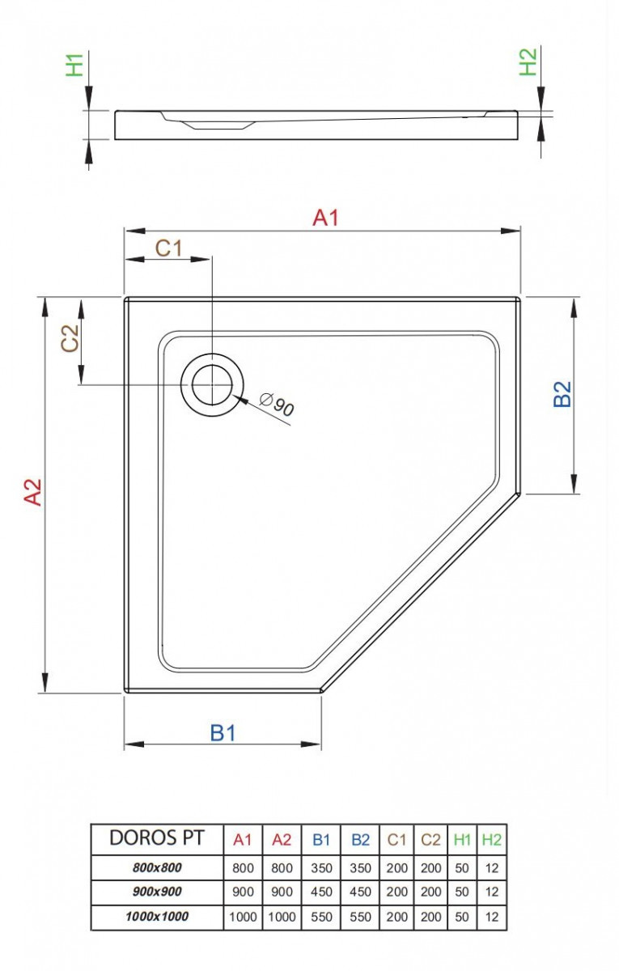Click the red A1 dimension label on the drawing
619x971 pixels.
(325, 218)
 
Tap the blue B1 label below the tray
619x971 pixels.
(223, 732)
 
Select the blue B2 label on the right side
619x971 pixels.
(562, 394)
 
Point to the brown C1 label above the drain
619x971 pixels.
(168, 248)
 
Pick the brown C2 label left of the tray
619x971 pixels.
(70, 337)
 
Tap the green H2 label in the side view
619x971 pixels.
(528, 62)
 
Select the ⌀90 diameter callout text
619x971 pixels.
(278, 405)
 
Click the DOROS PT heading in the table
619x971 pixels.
(157, 838)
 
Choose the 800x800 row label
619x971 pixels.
(157, 867)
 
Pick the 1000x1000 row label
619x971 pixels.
(157, 918)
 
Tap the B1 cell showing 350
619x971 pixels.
(321, 867)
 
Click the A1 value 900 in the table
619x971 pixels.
(243, 893)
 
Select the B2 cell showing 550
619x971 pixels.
(360, 918)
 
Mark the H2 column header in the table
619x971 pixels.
(491, 840)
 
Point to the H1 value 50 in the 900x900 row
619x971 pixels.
(462, 893)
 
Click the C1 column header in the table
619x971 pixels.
(396, 840)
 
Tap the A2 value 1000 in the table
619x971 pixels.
(282, 918)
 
